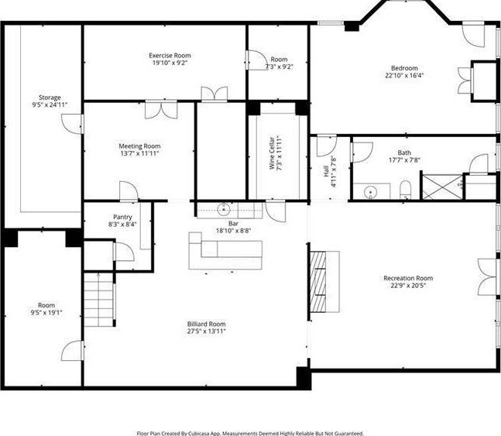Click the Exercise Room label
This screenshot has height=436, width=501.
coord(170,56)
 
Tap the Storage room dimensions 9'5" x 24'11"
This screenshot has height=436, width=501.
coord(50,105)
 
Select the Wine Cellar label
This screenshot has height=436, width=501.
coord(272,153)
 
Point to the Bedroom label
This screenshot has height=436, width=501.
coord(404,68)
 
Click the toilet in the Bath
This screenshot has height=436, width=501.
coord(405,190)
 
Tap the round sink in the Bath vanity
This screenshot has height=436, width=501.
coord(371,192)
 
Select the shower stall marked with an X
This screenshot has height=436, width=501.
coord(442,187)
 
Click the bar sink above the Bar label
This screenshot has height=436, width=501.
coord(224,209)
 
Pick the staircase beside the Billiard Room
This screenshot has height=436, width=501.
coord(99,299)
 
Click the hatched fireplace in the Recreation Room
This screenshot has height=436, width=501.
coord(318,282)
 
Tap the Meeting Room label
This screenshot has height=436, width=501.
coord(139,146)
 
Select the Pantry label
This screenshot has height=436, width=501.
coord(122,218)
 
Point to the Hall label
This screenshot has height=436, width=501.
coord(326,171)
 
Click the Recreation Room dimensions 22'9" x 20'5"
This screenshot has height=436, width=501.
coord(408,286)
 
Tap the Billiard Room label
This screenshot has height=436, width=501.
coord(207,324)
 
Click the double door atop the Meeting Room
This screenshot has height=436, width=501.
coord(161,110)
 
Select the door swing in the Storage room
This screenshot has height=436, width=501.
coord(73,124)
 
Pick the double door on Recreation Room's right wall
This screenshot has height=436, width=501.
coord(488,276)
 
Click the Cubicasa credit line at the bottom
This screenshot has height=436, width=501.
coord(250,434)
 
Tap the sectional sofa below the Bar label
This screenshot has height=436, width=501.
coord(225,251)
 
